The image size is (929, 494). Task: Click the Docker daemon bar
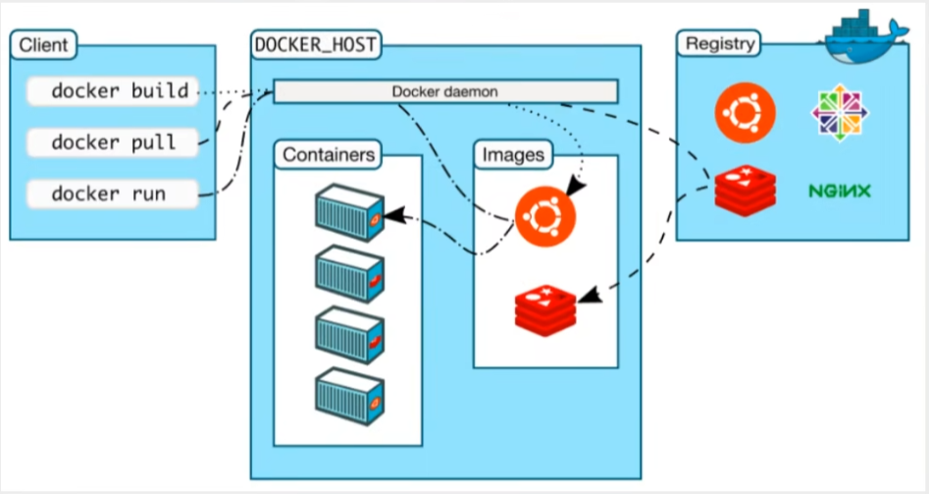point(445,91)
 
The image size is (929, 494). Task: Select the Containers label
point(329,154)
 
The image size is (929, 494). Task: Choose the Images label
point(512,154)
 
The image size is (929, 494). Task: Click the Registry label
point(721,44)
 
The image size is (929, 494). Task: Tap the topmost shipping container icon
point(349,212)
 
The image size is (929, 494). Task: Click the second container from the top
point(349,273)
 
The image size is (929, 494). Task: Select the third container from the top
point(349,335)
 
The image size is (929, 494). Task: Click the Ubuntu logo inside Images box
point(545,214)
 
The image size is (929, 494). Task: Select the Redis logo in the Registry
point(745,190)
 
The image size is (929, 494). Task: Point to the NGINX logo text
point(841,190)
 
